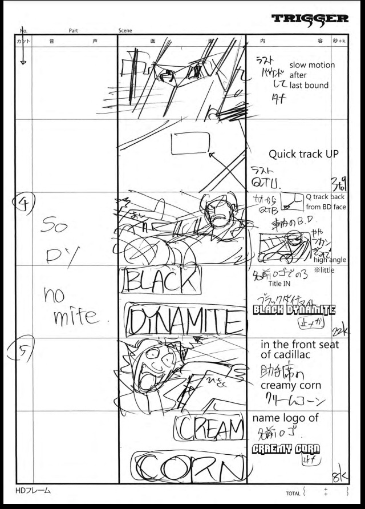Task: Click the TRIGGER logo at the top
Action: click(x=311, y=19)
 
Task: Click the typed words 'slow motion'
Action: click(x=312, y=65)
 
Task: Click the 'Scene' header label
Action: click(x=125, y=30)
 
